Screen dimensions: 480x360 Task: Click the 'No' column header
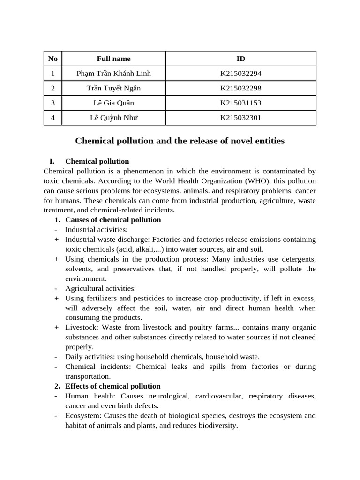coord(53,59)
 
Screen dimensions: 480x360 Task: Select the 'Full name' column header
coord(113,59)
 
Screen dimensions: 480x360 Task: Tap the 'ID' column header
coord(240,59)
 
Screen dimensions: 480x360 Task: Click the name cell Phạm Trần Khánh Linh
coord(113,74)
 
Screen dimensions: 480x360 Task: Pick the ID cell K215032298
coord(240,88)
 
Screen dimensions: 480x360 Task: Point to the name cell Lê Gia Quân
coord(113,103)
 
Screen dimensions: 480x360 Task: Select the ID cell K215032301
coord(240,118)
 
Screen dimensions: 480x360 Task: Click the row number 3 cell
coord(53,103)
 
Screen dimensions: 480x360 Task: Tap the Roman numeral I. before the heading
coord(52,161)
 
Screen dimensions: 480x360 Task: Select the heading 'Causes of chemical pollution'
coord(113,220)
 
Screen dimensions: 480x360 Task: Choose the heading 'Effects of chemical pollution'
coord(112,386)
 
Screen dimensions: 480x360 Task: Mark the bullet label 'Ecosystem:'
coord(83,416)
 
